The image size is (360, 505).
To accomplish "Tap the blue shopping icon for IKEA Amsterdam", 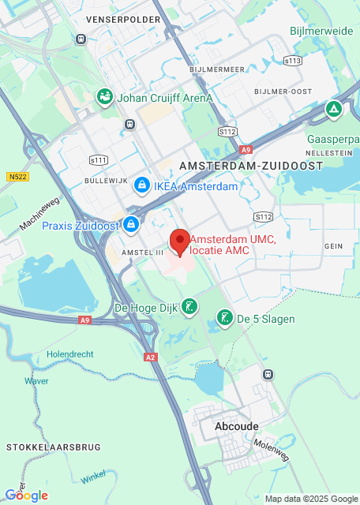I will (x=141, y=186).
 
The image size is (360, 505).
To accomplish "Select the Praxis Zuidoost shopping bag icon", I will (x=132, y=226).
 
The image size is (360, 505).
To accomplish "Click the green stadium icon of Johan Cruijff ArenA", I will (x=104, y=98).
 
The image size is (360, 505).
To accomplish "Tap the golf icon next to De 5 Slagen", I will (x=225, y=318).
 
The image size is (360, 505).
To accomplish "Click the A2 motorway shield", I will (x=151, y=357).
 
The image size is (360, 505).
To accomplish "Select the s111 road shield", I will (x=99, y=160).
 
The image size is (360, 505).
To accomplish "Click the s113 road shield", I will (x=293, y=60).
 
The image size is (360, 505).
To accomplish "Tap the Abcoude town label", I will (x=236, y=425).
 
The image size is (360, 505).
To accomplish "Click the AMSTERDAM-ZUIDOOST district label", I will (x=251, y=166).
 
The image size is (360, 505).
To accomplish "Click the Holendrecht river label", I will (x=71, y=354).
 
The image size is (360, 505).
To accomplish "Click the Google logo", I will (x=26, y=496).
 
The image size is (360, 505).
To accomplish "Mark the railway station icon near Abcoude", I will (x=269, y=374).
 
